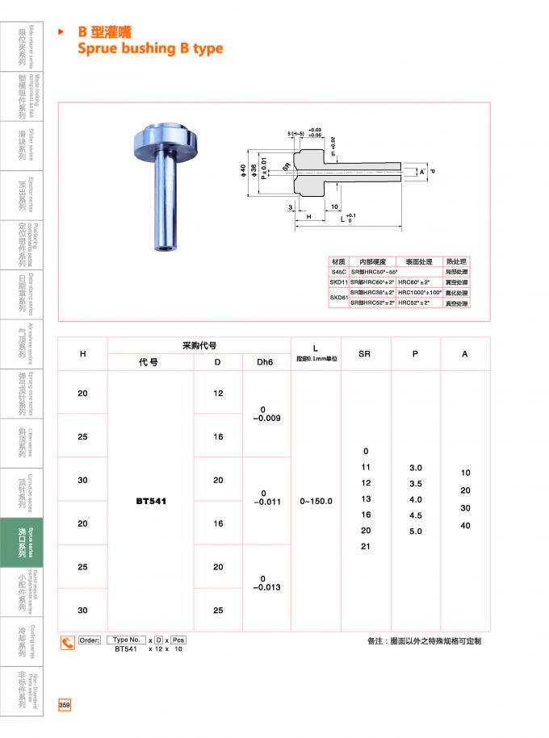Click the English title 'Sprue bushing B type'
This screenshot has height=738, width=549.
click(150, 48)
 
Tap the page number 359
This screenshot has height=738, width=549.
click(65, 705)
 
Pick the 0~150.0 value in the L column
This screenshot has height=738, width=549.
click(316, 501)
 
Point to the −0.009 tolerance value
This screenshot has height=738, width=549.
click(266, 419)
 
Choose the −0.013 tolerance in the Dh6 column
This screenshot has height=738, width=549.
click(266, 587)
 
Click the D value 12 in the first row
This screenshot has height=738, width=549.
click(218, 393)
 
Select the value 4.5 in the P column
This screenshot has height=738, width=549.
click(415, 515)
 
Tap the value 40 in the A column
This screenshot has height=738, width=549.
click(465, 525)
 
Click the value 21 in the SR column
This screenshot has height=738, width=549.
click(366, 546)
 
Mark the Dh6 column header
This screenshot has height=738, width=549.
click(265, 362)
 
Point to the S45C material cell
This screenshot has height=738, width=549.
click(337, 273)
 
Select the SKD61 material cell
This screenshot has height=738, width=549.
click(337, 298)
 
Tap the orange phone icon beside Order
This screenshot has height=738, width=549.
click(68, 642)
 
